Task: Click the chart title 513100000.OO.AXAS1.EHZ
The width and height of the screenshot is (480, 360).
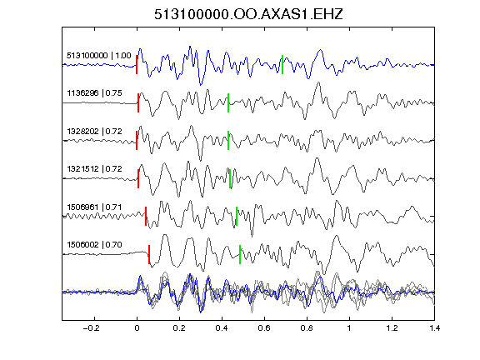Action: (x=248, y=14)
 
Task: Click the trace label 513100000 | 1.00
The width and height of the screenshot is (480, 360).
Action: (x=99, y=56)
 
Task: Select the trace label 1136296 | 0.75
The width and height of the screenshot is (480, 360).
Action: (x=95, y=93)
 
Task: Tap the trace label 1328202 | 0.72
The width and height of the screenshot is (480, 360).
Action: (x=95, y=132)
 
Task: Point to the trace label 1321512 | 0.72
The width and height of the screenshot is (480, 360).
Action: (x=95, y=169)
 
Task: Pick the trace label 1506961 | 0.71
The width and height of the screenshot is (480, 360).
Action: (x=95, y=207)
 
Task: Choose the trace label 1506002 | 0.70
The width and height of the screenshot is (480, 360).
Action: (x=95, y=245)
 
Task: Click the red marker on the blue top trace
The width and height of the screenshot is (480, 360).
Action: (x=137, y=65)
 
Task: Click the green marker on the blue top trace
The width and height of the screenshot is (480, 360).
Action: (x=282, y=65)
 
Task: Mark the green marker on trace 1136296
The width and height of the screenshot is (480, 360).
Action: (x=228, y=102)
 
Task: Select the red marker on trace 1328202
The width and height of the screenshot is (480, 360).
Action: (x=137, y=141)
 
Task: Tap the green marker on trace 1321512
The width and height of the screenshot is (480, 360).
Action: (x=230, y=178)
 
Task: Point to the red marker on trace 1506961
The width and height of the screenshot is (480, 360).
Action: (x=146, y=217)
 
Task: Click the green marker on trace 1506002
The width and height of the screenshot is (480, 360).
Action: (x=240, y=254)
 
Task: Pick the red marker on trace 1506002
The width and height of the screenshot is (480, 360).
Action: (x=149, y=254)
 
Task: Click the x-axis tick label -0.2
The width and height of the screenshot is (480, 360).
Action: (x=92, y=328)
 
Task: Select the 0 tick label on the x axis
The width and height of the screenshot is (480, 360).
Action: (x=137, y=328)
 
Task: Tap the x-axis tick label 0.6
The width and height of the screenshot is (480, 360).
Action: (x=264, y=328)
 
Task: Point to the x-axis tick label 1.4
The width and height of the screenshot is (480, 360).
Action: (x=434, y=328)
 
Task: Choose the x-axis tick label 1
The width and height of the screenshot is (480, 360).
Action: (x=349, y=328)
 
